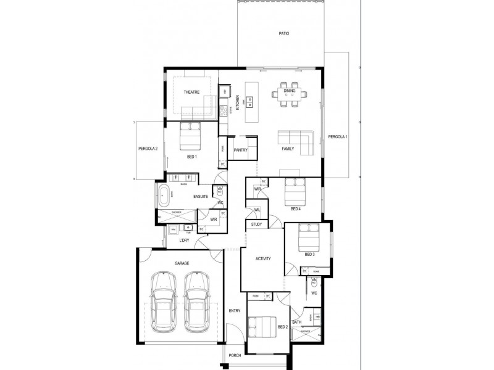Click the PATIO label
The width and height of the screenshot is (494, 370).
[284, 34]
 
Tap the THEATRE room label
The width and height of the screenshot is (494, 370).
[191, 92]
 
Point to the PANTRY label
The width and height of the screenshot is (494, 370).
[241, 150]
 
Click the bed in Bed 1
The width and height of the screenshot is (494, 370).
[191, 136]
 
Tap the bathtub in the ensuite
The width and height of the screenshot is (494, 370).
[164, 197]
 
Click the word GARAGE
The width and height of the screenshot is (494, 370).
[182, 263]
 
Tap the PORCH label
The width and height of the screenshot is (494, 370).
[235, 356]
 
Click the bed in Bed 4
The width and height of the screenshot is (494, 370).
[295, 192]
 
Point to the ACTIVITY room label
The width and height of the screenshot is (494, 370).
[264, 259]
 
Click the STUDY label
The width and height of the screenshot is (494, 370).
[256, 225]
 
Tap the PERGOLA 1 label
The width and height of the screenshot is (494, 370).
[338, 136]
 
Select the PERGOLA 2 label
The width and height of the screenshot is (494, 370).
[148, 149]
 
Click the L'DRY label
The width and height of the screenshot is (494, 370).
[183, 240]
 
